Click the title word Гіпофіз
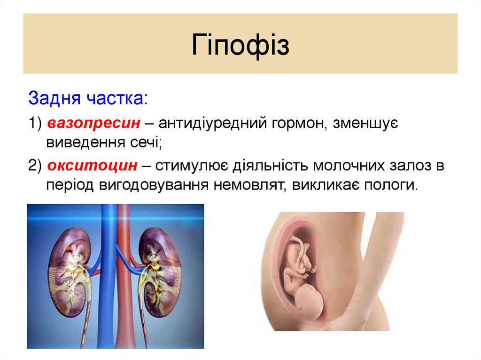tap(240, 46)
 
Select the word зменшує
tap(364, 123)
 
